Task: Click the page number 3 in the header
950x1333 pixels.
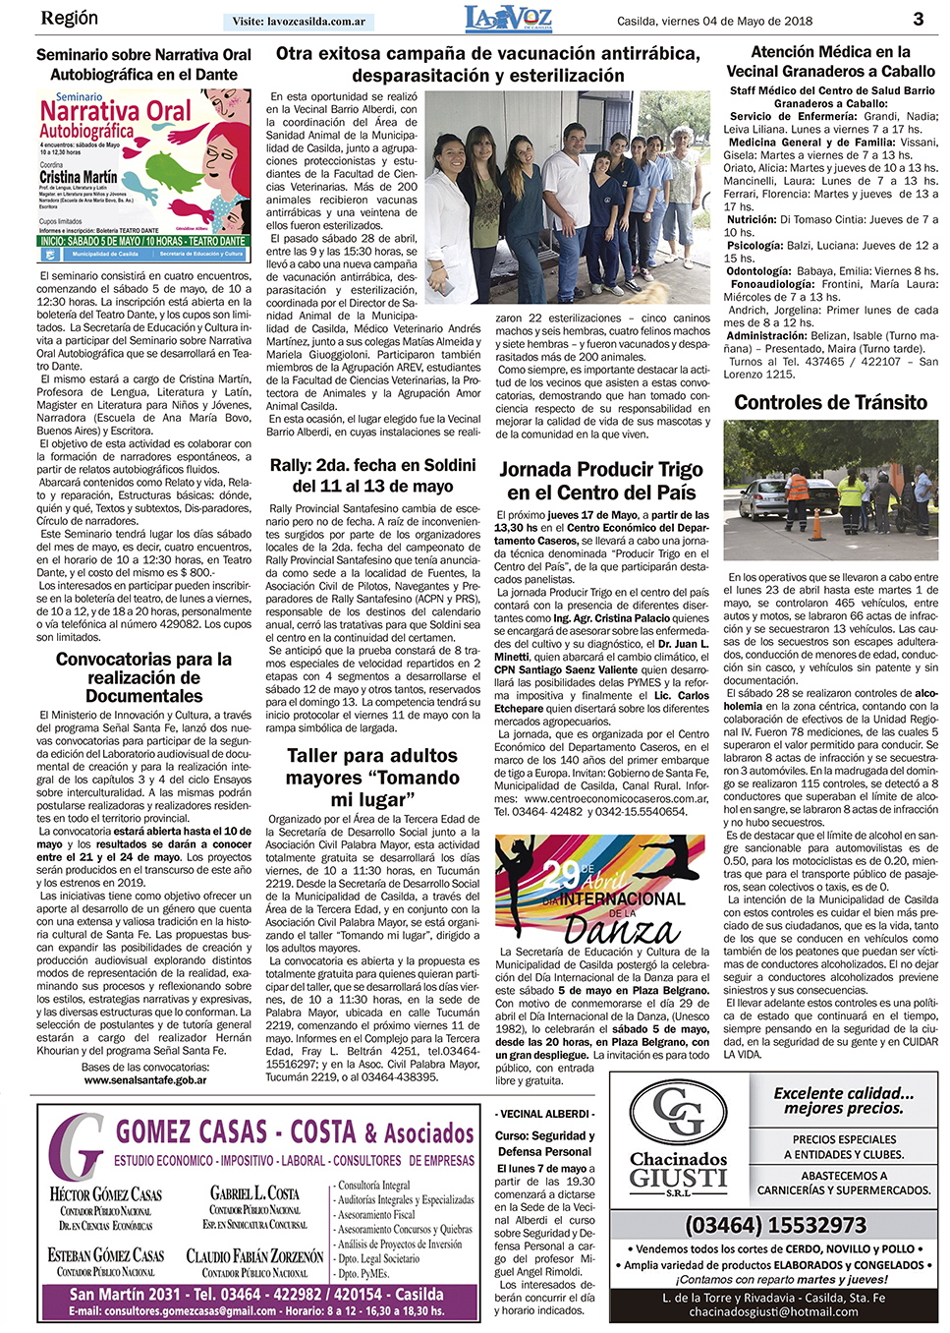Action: tap(918, 19)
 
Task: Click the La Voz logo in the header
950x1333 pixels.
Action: tap(508, 19)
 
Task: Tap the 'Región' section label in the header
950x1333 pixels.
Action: tap(70, 19)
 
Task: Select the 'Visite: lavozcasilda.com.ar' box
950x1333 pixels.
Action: tap(299, 22)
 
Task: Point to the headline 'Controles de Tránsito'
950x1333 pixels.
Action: tap(830, 402)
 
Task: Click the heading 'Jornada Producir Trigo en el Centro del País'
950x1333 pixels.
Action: tap(600, 481)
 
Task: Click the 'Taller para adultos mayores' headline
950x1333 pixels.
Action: tap(372, 777)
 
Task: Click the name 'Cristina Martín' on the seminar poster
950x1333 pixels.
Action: tap(78, 178)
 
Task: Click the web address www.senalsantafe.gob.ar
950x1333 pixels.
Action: tap(144, 1080)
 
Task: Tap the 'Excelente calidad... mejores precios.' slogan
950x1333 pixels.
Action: tap(842, 1100)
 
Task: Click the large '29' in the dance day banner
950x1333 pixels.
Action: tap(561, 874)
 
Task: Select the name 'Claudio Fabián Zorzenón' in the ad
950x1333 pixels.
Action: tap(254, 1256)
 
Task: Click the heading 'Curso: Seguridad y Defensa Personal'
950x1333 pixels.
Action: tap(544, 1143)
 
